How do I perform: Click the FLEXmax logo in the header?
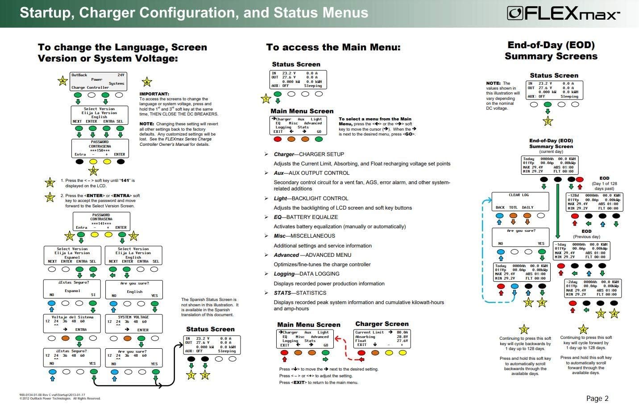click(563, 13)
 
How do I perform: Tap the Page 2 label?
click(597, 398)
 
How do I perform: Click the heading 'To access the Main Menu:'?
click(333, 47)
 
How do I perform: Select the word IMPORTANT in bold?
click(154, 94)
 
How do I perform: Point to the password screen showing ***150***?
click(100, 148)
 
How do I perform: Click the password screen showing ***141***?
click(101, 221)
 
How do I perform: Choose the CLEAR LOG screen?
click(519, 201)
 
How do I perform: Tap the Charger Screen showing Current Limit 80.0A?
click(382, 338)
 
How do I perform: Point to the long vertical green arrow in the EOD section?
click(558, 210)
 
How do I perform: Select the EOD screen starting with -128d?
click(594, 202)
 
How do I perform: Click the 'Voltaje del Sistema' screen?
click(72, 323)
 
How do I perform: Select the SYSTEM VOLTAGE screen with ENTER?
click(134, 323)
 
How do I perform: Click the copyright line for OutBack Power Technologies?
click(60, 398)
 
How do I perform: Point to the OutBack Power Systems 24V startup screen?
click(98, 81)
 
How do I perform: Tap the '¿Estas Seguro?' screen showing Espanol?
click(72, 289)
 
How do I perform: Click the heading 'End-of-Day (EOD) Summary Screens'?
click(551, 50)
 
